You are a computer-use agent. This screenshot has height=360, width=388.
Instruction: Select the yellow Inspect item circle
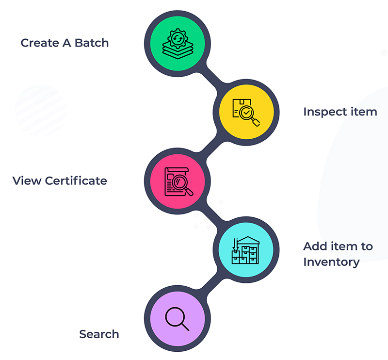tap(247, 111)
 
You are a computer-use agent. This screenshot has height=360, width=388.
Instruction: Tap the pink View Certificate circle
tap(178, 180)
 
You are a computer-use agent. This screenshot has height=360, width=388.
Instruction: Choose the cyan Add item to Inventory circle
tap(247, 249)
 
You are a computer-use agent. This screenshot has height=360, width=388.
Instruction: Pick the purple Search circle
tap(178, 319)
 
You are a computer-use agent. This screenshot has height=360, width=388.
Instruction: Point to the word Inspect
tap(322, 112)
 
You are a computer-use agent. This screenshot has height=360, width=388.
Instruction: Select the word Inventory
tap(331, 262)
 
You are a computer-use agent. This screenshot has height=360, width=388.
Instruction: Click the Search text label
tap(99, 334)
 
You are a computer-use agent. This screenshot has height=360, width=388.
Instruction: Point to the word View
tap(27, 181)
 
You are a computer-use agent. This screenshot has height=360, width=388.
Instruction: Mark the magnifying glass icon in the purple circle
tap(177, 318)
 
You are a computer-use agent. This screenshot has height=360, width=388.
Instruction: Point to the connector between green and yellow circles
tap(212, 76)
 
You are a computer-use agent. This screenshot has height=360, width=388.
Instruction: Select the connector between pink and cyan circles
tap(212, 215)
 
